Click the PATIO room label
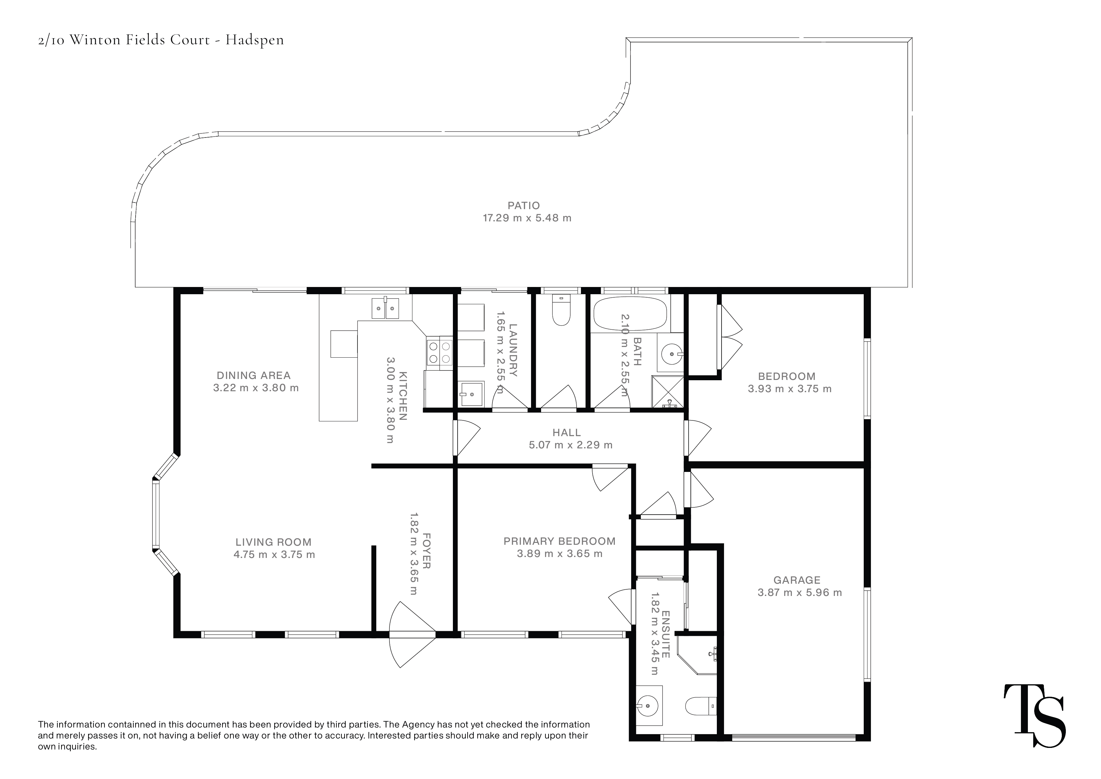click(x=524, y=206)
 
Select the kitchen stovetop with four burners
click(x=440, y=352)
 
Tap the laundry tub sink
click(x=471, y=394)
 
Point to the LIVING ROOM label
click(x=273, y=543)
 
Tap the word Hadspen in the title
click(x=255, y=40)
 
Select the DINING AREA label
click(x=254, y=376)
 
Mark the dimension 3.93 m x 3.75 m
click(x=790, y=389)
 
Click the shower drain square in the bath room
click(x=668, y=392)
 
